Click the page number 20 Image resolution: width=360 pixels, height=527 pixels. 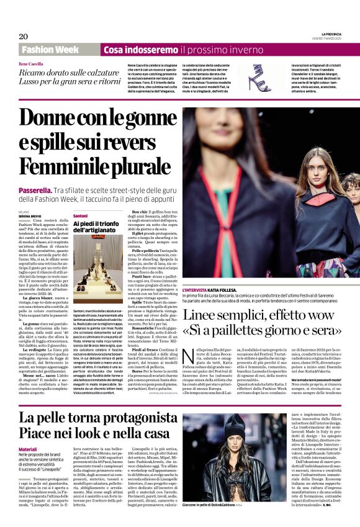click(x=24, y=36)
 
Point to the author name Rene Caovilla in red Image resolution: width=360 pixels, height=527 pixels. click(x=32, y=64)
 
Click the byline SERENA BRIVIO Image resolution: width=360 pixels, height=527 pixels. click(x=31, y=215)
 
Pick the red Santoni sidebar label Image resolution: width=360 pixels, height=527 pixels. click(x=81, y=215)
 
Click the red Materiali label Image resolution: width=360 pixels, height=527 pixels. click(x=28, y=448)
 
